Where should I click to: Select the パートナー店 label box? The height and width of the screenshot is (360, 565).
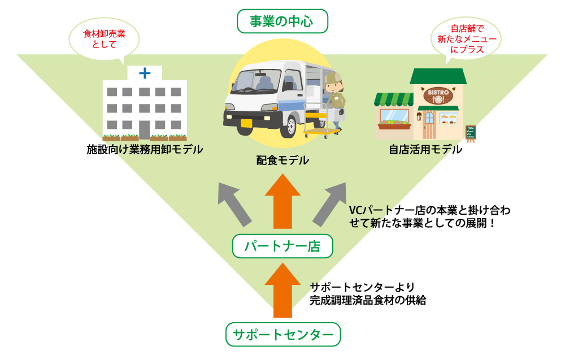(282, 246)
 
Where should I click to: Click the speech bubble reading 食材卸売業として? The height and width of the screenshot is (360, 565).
(105, 40)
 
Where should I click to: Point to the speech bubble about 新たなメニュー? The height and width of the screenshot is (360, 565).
(464, 38)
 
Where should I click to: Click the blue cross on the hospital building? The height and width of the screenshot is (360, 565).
(145, 73)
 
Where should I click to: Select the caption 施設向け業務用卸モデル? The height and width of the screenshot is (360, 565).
(145, 150)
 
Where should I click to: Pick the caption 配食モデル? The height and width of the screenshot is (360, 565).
(282, 161)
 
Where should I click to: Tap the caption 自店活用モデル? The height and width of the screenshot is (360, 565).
(425, 150)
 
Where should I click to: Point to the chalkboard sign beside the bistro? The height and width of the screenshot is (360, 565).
(470, 132)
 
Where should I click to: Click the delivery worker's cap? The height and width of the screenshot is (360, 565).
(333, 77)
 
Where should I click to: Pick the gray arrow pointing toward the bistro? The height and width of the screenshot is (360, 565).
(329, 205)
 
